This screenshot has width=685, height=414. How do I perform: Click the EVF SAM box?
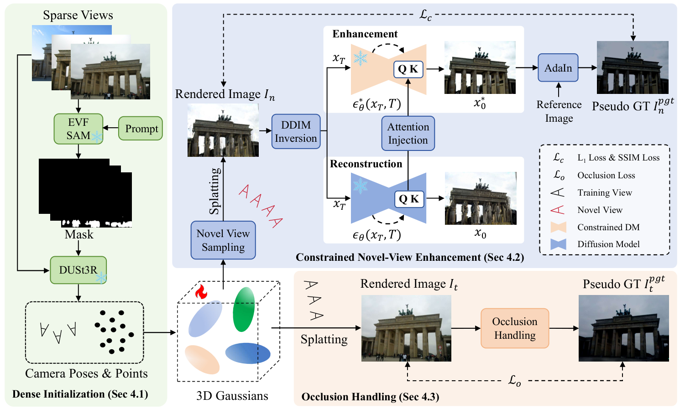[78, 129]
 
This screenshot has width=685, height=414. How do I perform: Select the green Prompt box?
[141, 129]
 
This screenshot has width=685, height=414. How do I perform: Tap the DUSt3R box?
[78, 270]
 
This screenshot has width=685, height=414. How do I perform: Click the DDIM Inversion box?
[296, 131]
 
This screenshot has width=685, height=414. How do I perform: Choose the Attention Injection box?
[408, 133]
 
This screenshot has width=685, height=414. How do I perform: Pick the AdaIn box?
[558, 68]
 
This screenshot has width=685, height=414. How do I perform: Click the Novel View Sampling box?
[223, 240]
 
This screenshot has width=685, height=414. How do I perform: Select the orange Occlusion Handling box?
[514, 328]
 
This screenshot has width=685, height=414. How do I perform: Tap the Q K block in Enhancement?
[408, 69]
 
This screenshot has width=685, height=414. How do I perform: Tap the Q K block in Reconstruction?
[409, 199]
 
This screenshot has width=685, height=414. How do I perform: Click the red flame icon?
[201, 292]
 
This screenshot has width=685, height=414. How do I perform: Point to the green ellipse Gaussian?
[243, 309]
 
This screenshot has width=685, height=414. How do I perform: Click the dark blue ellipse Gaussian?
[248, 353]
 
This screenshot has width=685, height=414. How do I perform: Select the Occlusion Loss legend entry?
[606, 176]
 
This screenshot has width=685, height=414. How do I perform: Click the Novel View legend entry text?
[600, 210]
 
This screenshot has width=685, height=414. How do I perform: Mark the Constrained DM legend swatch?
[558, 227]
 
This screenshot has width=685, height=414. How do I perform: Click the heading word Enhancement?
[365, 34]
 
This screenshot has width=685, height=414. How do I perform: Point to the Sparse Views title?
[78, 15]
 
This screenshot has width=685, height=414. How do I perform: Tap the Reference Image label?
[559, 111]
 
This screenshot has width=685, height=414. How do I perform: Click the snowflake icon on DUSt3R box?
[101, 277]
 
